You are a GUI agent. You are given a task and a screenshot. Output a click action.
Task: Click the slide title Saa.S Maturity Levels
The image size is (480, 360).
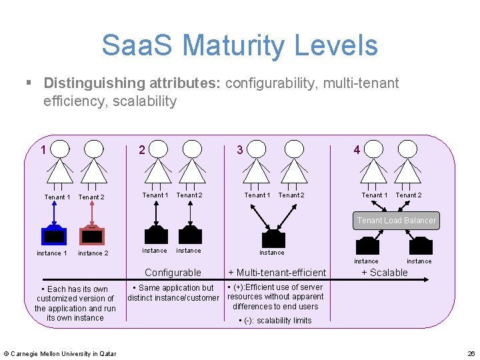click(x=239, y=45)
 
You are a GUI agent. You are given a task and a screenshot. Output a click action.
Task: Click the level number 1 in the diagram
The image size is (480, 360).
click(x=43, y=150)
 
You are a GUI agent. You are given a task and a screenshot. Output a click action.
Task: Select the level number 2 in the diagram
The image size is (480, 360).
click(x=141, y=150)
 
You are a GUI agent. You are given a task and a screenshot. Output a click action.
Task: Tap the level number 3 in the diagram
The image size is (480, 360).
click(x=240, y=150)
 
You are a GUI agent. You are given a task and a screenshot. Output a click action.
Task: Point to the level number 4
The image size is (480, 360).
click(x=357, y=150)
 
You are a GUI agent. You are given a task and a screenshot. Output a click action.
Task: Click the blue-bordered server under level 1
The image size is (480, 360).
click(x=54, y=236)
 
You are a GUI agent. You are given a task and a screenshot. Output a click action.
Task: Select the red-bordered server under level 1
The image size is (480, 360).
click(x=92, y=236)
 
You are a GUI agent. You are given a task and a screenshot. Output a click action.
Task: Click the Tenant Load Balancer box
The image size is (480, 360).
click(x=396, y=221)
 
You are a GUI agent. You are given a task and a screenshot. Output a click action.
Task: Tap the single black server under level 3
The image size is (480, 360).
click(x=273, y=239)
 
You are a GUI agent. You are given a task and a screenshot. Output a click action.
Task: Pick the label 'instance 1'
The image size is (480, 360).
click(x=51, y=253)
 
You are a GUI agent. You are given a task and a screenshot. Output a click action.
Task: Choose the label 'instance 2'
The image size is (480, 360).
click(x=93, y=253)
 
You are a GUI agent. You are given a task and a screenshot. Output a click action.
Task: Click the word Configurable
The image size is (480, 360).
click(x=173, y=272)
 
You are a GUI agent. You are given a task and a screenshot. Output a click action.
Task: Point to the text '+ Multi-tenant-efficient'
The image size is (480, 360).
click(x=277, y=272)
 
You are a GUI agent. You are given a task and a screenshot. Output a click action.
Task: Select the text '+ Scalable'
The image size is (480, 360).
click(x=385, y=272)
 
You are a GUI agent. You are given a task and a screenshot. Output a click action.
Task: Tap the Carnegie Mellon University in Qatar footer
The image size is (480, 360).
click(x=60, y=353)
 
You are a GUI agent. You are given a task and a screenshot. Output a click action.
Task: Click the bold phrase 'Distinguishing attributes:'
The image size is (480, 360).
click(x=132, y=83)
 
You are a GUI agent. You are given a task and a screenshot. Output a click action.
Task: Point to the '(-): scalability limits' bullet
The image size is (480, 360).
click(x=275, y=321)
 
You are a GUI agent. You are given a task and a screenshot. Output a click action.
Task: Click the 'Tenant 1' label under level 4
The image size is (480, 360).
click(x=374, y=195)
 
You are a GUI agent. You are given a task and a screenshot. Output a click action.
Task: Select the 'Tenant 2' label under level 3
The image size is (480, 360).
click(x=291, y=195)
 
